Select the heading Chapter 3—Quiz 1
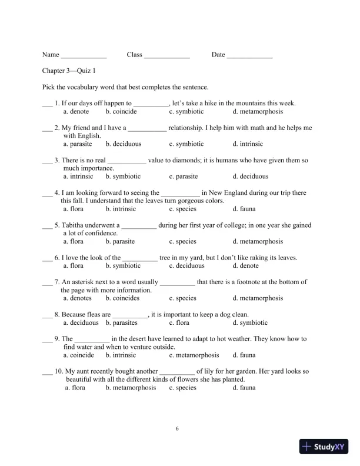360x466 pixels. (69, 71)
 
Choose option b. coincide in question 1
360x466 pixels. (121, 111)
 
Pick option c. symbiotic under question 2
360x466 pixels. (186, 144)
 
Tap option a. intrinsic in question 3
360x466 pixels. (78, 176)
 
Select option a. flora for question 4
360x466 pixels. (74, 209)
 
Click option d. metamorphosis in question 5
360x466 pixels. (258, 241)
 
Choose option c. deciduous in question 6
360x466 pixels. (186, 266)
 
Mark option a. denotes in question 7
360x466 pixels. (77, 298)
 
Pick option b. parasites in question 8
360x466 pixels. (122, 322)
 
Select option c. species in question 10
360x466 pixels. (183, 388)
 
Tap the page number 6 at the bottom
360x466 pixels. (177, 428)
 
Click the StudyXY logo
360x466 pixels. (324, 447)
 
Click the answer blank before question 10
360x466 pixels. (47, 372)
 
